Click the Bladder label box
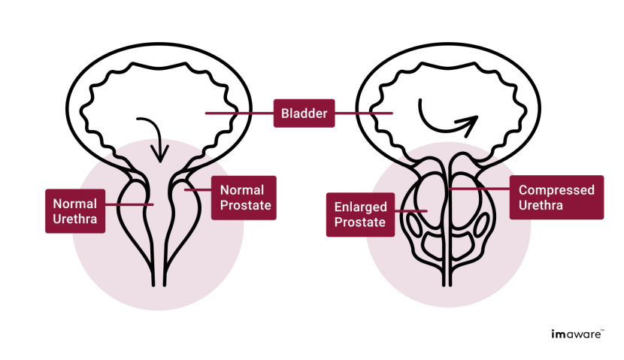[x=304, y=113]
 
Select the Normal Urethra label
[x=75, y=210]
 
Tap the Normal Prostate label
[x=244, y=198]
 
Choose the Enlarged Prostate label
[x=360, y=214]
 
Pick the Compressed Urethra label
[x=556, y=198]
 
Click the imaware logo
[x=576, y=334]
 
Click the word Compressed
[x=556, y=190]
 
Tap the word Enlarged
[x=360, y=207]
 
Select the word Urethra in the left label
[x=75, y=219]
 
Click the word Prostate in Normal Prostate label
[x=244, y=206]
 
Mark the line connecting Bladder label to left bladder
[x=238, y=113]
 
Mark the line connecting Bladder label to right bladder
[x=364, y=113]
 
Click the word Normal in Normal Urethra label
[x=75, y=203]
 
